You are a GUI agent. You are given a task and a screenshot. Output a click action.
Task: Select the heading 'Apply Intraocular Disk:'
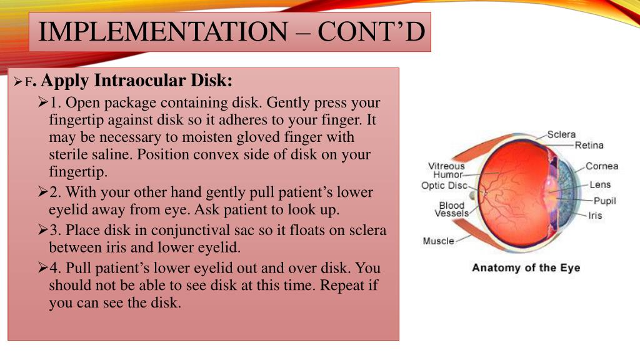[137, 81]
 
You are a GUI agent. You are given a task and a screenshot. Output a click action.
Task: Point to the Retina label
[589, 146]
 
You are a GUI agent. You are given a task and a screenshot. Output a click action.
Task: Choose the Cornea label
[601, 166]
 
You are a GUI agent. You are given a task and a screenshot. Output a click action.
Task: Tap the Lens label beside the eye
[600, 184]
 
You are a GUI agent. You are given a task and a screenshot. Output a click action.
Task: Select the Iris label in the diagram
[595, 216]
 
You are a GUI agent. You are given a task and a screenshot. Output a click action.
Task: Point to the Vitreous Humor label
[446, 170]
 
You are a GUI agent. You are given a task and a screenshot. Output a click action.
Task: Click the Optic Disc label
[444, 186]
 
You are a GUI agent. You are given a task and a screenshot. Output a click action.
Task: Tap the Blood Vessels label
[451, 209]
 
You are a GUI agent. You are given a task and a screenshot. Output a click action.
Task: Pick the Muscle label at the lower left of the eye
[438, 241]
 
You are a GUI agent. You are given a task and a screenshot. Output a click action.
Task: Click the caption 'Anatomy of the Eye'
[526, 267]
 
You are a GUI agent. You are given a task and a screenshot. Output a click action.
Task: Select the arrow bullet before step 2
[43, 192]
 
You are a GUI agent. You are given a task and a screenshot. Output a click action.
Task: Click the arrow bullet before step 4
[43, 269]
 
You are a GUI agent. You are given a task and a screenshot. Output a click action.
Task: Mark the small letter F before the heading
[28, 82]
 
